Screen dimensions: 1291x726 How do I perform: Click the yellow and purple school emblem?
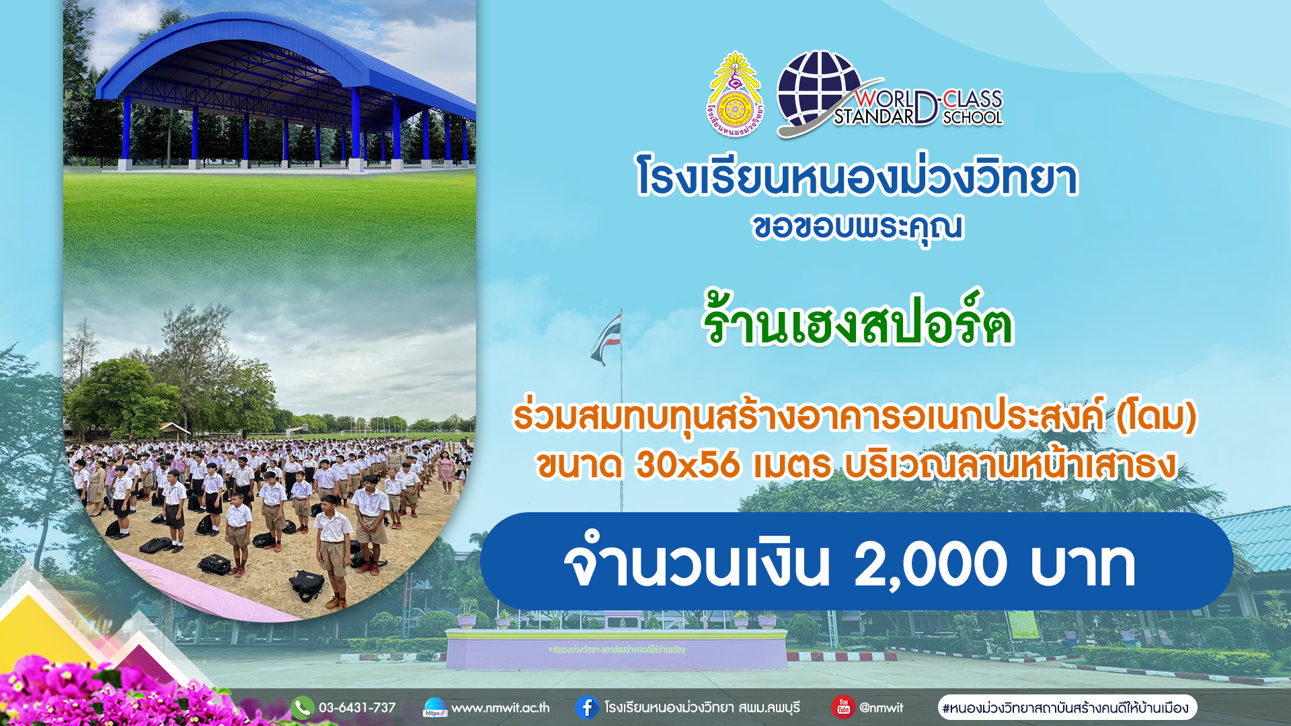coord(735,94)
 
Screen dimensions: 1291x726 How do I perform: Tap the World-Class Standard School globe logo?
coord(889,94)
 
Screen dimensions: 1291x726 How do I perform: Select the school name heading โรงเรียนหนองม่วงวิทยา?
coord(857,176)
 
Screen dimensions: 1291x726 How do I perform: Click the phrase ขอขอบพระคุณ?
coord(857,227)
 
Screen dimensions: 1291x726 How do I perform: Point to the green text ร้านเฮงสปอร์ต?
coord(857,320)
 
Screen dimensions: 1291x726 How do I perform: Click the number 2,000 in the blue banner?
coord(930,563)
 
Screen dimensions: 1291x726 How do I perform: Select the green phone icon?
coord(303,707)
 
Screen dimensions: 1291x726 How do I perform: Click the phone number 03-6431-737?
coord(357,708)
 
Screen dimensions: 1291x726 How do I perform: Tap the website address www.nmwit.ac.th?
coord(500,708)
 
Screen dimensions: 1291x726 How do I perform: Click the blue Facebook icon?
coord(587,707)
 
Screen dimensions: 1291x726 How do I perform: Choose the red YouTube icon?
coord(843,707)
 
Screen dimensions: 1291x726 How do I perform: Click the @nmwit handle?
coord(882,708)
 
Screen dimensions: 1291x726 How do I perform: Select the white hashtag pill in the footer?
coord(1067,707)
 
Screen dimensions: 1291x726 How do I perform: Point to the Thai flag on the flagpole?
coord(607,338)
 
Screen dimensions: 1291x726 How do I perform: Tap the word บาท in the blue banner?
coord(1083,563)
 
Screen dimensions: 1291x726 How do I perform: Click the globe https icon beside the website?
coord(435,707)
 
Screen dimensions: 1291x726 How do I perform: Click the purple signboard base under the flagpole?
coord(616,649)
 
